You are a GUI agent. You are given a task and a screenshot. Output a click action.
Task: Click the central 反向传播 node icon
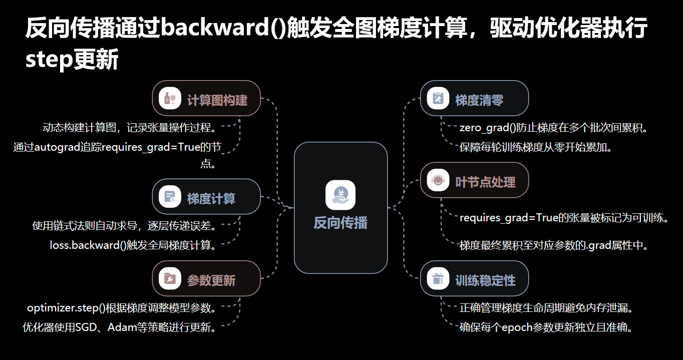[x=340, y=195]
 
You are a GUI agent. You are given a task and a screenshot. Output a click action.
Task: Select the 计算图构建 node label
[x=217, y=100]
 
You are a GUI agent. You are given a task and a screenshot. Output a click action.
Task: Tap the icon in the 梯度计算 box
[x=170, y=197]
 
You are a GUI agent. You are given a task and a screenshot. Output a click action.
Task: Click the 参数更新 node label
[x=211, y=280]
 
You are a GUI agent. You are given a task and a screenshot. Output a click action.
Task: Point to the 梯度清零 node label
[x=479, y=100]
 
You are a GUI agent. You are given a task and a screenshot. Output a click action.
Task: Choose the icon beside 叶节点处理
[x=438, y=181]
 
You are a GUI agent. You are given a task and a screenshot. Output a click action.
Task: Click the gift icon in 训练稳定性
[x=438, y=279]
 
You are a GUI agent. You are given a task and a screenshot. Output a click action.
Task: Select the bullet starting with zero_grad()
[x=554, y=128]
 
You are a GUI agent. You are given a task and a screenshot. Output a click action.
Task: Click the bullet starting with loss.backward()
[x=133, y=245]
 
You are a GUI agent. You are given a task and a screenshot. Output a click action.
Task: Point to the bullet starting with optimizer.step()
[x=122, y=307]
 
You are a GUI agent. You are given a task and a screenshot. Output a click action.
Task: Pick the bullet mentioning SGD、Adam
[x=120, y=328]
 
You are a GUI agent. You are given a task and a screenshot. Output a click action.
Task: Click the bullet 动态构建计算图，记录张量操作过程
[x=130, y=128]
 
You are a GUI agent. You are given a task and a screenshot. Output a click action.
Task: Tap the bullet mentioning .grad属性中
[x=554, y=246]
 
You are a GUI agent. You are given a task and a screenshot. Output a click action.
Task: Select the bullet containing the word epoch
[x=546, y=328]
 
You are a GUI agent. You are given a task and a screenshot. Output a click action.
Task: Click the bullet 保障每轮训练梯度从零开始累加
[x=536, y=148]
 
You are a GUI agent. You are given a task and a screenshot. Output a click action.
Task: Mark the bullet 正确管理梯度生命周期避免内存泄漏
[x=550, y=307]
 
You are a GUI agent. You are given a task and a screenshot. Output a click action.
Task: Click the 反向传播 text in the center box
[x=340, y=223]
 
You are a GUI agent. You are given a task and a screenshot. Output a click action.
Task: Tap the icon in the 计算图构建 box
[x=170, y=98]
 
